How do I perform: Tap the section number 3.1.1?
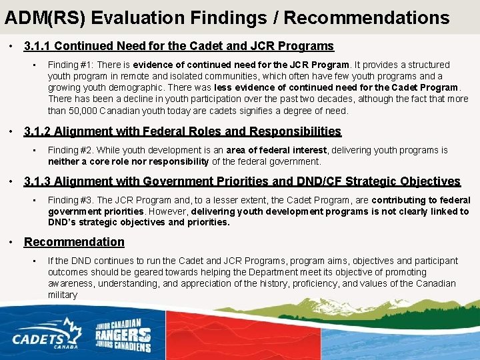tap(37, 47)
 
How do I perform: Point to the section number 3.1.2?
tap(37, 132)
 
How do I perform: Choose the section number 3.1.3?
tap(37, 181)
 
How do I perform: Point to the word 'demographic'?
tap(137, 88)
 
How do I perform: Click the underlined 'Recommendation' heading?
tap(74, 242)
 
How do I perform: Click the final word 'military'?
tap(63, 295)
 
